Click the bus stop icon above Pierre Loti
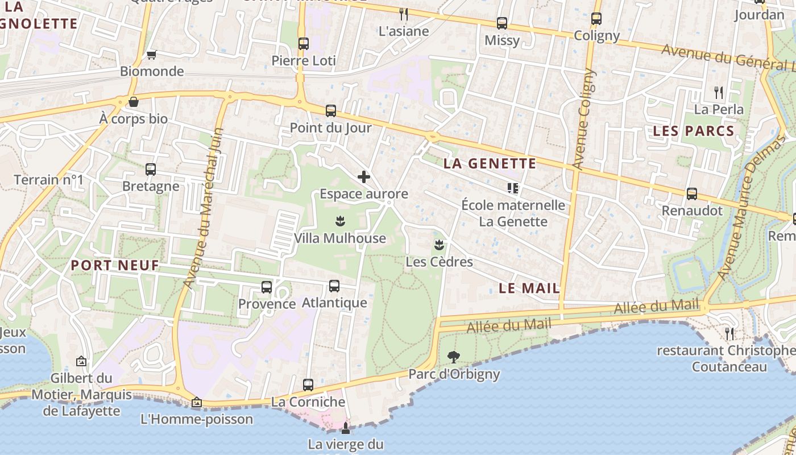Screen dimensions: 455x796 [x=304, y=43]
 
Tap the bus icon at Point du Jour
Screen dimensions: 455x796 [x=331, y=111]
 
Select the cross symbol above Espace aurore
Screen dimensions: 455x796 [x=364, y=177]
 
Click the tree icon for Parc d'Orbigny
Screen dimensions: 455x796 [x=454, y=357]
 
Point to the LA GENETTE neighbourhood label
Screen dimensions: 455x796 [x=490, y=164]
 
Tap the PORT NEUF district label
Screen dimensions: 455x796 [x=115, y=265]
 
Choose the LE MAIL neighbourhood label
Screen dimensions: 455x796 [x=529, y=288]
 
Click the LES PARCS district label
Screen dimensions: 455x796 [x=694, y=131]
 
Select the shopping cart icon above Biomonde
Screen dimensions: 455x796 [x=151, y=55]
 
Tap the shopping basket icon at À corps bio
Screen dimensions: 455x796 [x=134, y=102]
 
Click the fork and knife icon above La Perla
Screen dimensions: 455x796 [x=719, y=92]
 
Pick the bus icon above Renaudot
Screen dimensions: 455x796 [x=692, y=194]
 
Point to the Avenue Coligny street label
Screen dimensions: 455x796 [x=584, y=119]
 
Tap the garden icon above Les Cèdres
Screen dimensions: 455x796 [x=439, y=245]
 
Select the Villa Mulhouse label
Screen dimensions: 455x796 [x=340, y=238]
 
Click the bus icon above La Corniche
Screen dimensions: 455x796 [x=308, y=385]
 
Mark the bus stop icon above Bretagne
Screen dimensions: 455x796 [x=151, y=169]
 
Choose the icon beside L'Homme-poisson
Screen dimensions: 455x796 [x=197, y=403]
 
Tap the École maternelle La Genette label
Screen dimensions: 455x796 [x=513, y=213]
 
